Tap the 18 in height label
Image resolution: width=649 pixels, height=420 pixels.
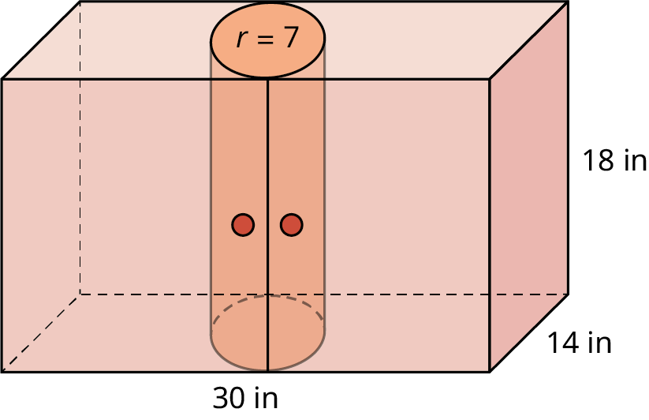click(x=614, y=161)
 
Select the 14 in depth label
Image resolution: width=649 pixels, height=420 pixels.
click(x=580, y=343)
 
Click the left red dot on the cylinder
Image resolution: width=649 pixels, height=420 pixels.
click(x=243, y=225)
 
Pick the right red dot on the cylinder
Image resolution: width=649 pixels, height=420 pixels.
click(x=292, y=225)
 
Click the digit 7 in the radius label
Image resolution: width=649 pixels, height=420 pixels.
click(x=291, y=38)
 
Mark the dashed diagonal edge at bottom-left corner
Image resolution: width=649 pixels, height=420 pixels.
click(x=39, y=332)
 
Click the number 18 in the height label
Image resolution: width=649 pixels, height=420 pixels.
click(x=599, y=161)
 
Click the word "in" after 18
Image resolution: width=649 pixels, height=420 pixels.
click(x=635, y=161)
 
